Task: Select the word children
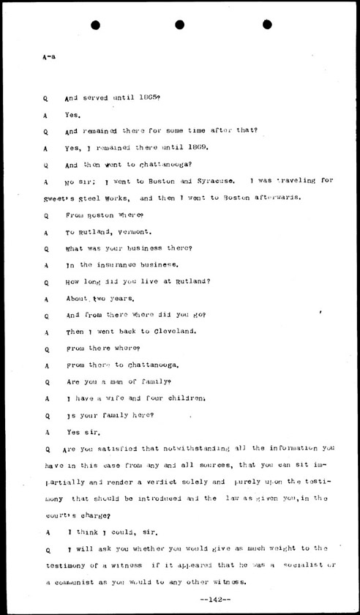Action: (175, 398)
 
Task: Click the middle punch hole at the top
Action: (180, 26)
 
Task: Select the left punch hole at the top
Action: (95, 26)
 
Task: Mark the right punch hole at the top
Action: (265, 26)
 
